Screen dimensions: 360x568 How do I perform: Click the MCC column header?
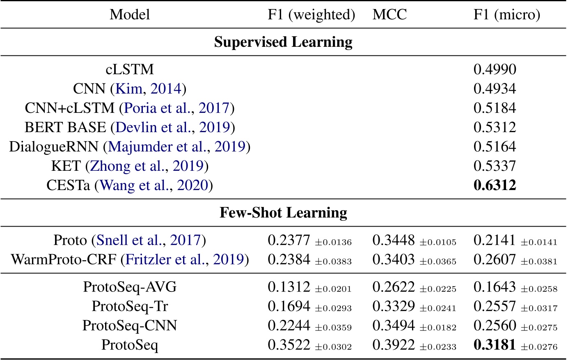tap(389, 15)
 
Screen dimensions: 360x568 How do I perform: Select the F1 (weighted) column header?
tap(311, 15)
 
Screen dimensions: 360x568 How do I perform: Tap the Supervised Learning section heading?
tap(283, 42)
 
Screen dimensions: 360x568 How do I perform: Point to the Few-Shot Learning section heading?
tap(283, 213)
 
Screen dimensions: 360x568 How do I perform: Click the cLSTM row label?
tap(130, 69)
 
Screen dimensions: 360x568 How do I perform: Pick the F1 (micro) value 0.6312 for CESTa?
tap(495, 186)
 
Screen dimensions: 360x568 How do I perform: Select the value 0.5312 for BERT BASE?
tap(495, 127)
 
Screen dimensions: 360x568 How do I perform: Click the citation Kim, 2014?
tap(149, 89)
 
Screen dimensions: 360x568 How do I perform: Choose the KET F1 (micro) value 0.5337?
tap(495, 166)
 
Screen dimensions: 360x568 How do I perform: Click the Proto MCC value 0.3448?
tap(393, 240)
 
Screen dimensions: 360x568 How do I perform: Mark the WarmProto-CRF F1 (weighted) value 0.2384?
tap(289, 259)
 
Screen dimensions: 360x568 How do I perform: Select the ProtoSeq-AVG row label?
tap(130, 287)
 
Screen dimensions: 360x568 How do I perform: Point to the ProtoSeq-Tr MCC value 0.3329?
tap(393, 306)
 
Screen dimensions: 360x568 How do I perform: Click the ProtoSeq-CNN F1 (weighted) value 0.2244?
tap(289, 326)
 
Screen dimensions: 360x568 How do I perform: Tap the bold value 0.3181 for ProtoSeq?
tap(495, 345)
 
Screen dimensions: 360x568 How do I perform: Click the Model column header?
tap(130, 15)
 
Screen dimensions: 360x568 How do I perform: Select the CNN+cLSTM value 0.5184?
tap(495, 108)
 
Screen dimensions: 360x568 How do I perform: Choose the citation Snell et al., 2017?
tap(148, 240)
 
